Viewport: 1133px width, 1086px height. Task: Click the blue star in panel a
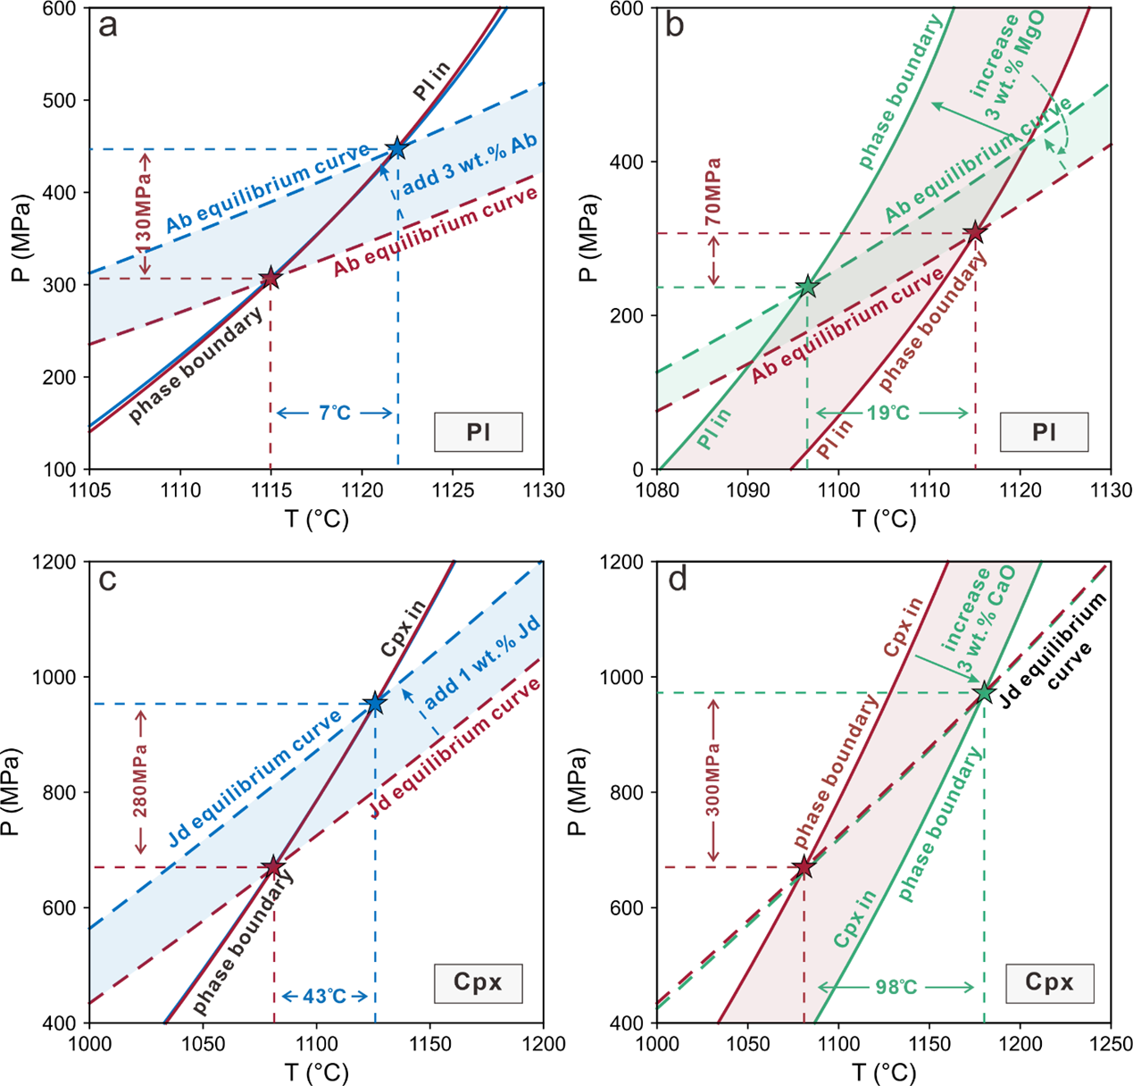click(x=397, y=148)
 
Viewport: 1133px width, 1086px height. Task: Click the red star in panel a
click(x=270, y=279)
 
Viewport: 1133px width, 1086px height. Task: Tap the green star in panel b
click(x=807, y=287)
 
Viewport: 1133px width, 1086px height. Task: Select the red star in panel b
click(x=975, y=233)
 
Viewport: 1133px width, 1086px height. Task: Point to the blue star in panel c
click(x=375, y=704)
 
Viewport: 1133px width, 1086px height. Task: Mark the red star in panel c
click(x=273, y=867)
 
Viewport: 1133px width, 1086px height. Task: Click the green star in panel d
click(x=984, y=692)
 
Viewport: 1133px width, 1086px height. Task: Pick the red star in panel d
click(x=804, y=867)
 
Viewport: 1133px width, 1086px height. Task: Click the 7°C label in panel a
click(x=335, y=413)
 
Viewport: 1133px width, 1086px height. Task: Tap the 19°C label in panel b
click(x=889, y=413)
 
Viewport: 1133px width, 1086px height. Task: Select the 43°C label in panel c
click(x=325, y=996)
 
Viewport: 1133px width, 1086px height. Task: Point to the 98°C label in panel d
click(x=896, y=987)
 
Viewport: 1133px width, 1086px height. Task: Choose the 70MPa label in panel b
click(x=712, y=192)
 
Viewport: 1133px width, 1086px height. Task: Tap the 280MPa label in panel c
click(x=140, y=781)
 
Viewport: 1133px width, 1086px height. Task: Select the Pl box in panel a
click(x=479, y=432)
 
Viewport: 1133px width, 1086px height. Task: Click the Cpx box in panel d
click(x=1049, y=982)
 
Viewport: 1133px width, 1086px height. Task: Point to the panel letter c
click(x=107, y=581)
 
